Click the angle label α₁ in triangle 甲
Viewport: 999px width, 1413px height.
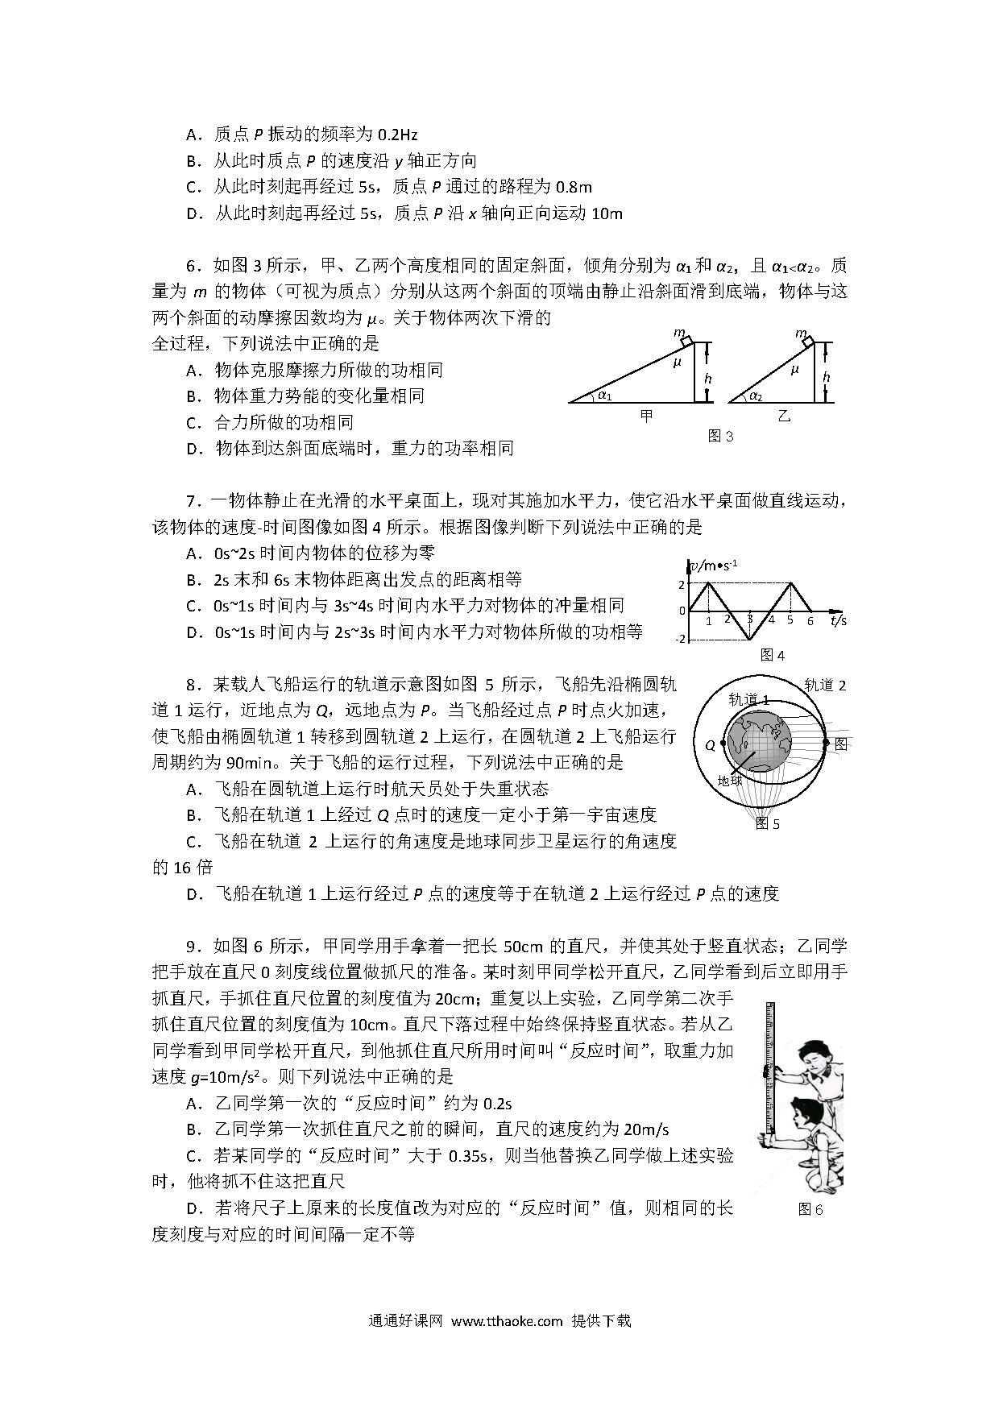tap(605, 396)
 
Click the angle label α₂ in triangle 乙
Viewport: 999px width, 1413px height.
tap(755, 396)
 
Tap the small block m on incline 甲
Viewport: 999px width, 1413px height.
tap(686, 341)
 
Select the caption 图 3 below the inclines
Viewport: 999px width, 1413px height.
tap(720, 436)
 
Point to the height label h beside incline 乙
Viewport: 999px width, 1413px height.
tap(826, 377)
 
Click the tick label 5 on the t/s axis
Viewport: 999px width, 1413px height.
tap(790, 620)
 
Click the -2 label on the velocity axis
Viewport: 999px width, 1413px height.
tap(681, 639)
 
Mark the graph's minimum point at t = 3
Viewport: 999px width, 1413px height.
tap(750, 640)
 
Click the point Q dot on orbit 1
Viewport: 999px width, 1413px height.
tap(723, 744)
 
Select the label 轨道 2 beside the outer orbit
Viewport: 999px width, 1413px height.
tap(826, 686)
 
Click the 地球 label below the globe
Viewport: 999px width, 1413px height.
tap(730, 780)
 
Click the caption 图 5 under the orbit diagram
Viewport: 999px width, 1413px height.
tap(767, 823)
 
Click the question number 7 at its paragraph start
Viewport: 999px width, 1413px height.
tap(193, 501)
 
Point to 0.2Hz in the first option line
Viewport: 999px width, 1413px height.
tap(397, 135)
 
